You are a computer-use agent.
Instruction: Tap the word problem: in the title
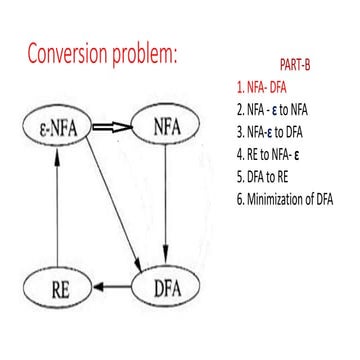pos(149,51)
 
